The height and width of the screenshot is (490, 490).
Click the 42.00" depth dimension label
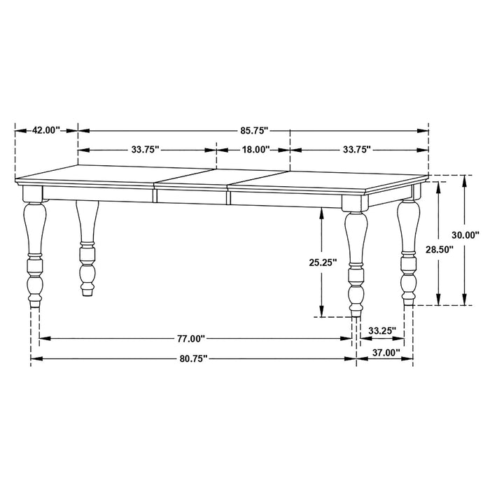(45, 130)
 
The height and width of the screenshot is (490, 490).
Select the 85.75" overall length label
(253, 130)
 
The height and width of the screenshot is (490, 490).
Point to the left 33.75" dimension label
(145, 149)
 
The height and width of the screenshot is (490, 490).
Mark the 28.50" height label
(438, 249)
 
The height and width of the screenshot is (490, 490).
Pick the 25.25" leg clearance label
(323, 262)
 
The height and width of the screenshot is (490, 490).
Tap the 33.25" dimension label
(382, 330)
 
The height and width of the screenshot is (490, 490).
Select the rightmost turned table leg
(408, 252)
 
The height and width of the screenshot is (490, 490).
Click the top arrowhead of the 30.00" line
(464, 178)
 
